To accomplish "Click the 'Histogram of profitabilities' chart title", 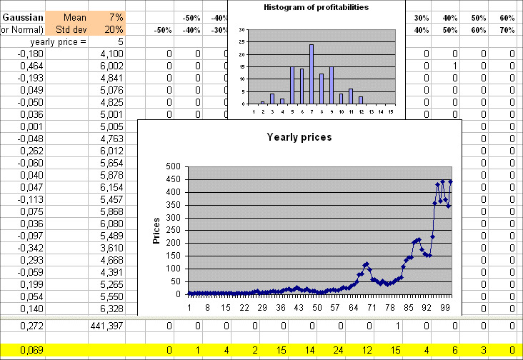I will coord(316,8).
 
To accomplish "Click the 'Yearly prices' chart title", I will coord(299,136).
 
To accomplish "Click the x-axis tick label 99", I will coord(444,307).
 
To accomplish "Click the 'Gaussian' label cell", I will coord(24,17).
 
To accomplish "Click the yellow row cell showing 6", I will coord(454,350).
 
